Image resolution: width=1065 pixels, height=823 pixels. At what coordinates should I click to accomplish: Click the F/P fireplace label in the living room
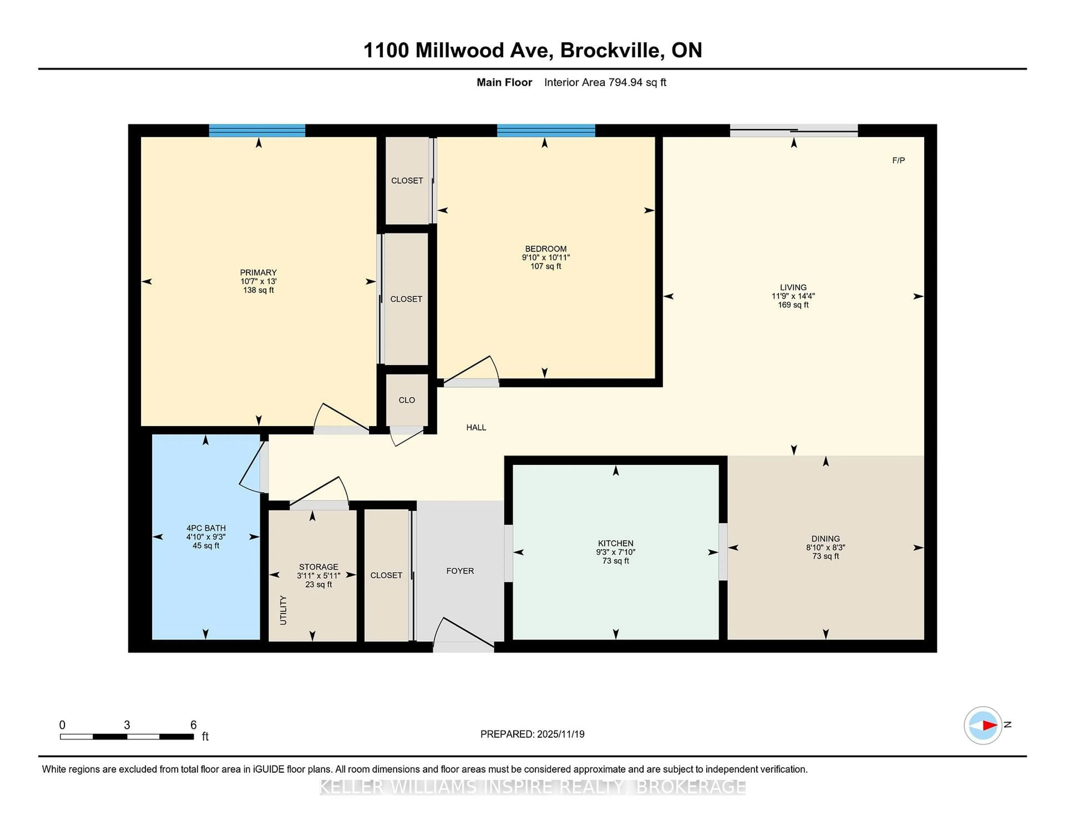pyautogui.click(x=898, y=160)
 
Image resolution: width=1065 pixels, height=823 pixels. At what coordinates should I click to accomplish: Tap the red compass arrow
pyautogui.click(x=989, y=725)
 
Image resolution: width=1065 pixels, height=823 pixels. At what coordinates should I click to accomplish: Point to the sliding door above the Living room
pyautogui.click(x=793, y=130)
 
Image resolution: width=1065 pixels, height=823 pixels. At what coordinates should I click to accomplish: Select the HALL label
pyautogui.click(x=476, y=428)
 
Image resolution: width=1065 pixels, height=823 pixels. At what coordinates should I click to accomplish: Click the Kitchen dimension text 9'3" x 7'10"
pyautogui.click(x=615, y=552)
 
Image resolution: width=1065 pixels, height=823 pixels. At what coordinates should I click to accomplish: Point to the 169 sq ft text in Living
pyautogui.click(x=793, y=305)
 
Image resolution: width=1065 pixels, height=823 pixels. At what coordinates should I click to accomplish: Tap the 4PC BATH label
pyautogui.click(x=206, y=528)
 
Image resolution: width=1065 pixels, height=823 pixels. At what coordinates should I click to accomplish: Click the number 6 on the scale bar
pyautogui.click(x=193, y=725)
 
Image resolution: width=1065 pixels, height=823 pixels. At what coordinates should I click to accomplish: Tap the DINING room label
pyautogui.click(x=826, y=539)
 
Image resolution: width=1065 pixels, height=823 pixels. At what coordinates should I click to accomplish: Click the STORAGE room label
pyautogui.click(x=318, y=567)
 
